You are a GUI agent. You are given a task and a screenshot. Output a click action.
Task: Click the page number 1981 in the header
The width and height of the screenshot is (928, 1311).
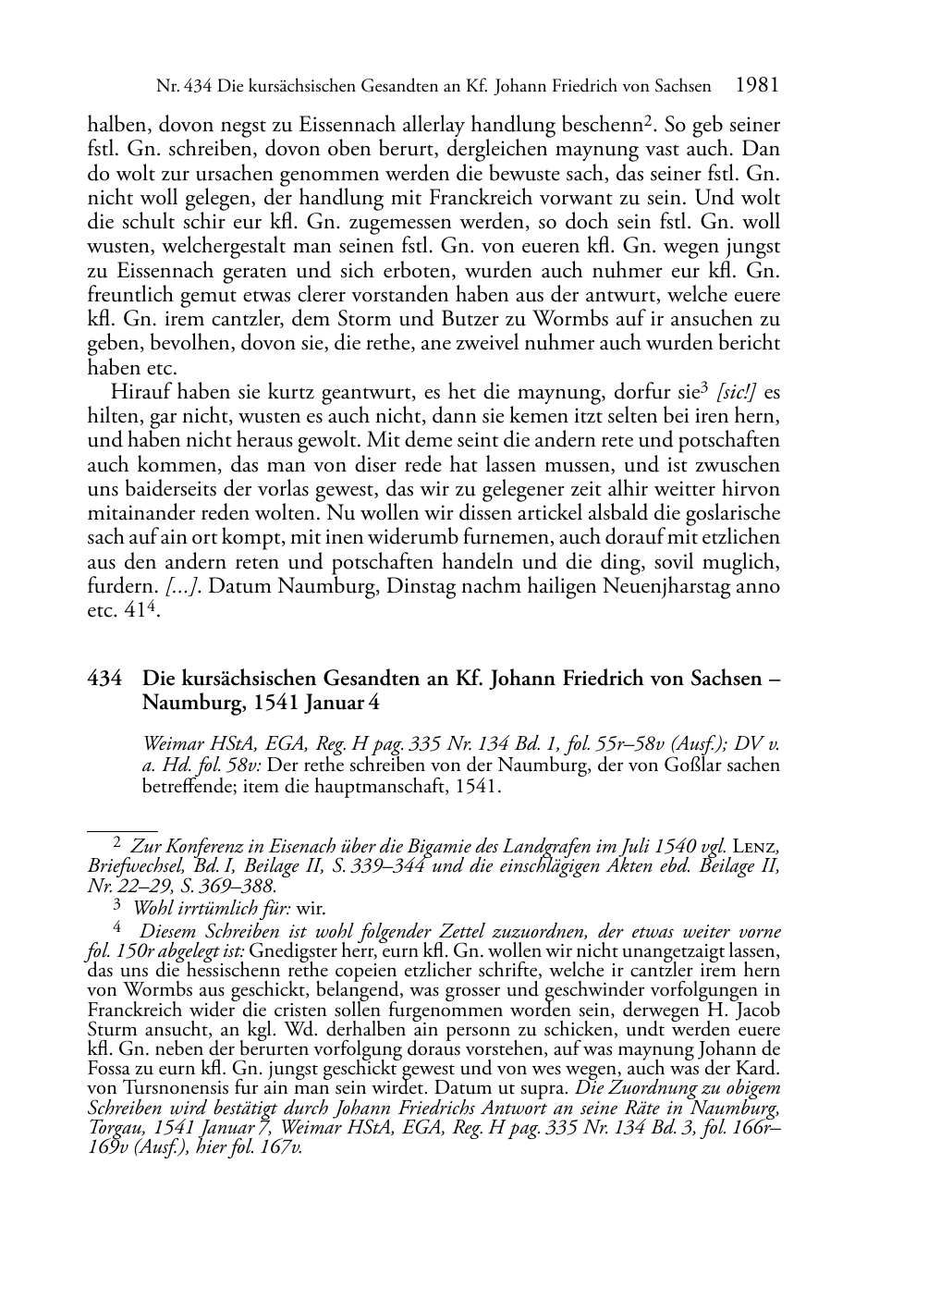coord(758,86)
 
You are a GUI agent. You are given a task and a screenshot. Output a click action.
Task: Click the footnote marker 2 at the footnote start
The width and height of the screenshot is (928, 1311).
coord(116,843)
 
